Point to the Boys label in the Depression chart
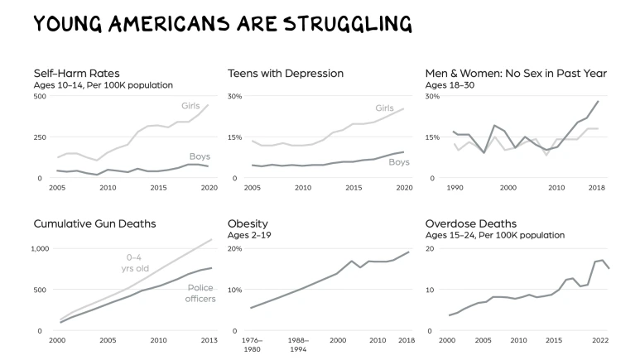(399, 162)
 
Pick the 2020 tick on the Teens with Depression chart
(405, 189)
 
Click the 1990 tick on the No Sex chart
(455, 189)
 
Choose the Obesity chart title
(249, 223)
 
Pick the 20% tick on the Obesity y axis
(234, 248)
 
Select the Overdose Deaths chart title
(470, 223)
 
